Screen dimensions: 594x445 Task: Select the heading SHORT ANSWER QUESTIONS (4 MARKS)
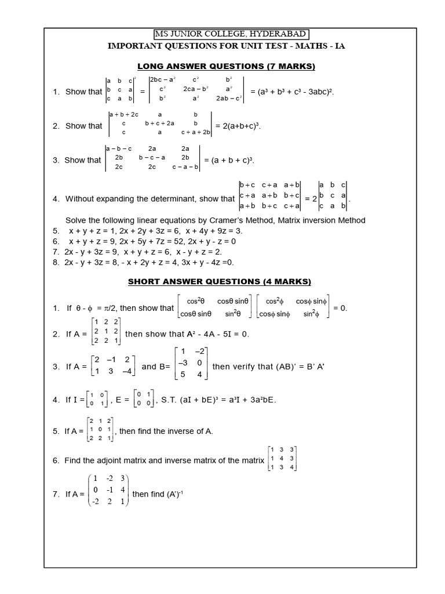pos(220,282)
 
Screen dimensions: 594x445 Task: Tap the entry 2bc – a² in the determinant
pos(164,79)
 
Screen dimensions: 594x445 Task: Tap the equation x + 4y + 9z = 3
pos(214,231)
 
